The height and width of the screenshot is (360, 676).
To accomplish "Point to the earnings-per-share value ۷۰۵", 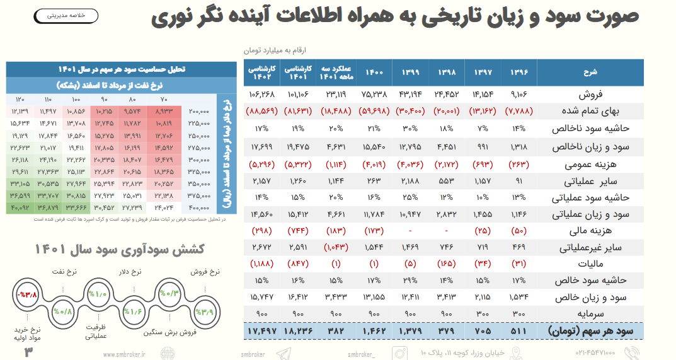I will pyautogui.click(x=483, y=330).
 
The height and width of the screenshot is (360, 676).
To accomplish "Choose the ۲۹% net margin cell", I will pyautogui.click(x=410, y=279).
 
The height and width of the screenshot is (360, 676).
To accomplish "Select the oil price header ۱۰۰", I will pyautogui.click(x=76, y=100).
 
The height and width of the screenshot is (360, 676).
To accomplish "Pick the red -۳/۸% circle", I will pyautogui.click(x=28, y=294).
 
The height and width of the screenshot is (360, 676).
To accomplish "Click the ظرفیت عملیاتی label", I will pyautogui.click(x=96, y=331).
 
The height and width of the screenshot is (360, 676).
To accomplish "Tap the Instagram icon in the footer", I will pyautogui.click(x=399, y=353).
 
